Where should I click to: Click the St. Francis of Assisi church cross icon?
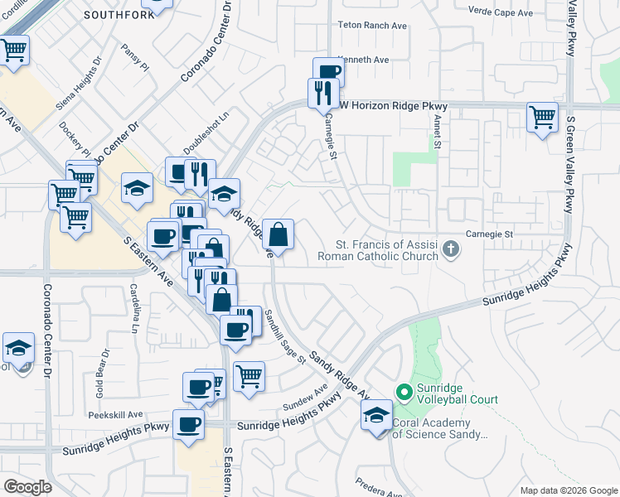point(450,249)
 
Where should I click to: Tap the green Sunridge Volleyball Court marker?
point(404,391)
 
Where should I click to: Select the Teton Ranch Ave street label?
point(372,26)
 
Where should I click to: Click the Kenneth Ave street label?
point(366,60)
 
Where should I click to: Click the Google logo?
point(27,487)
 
